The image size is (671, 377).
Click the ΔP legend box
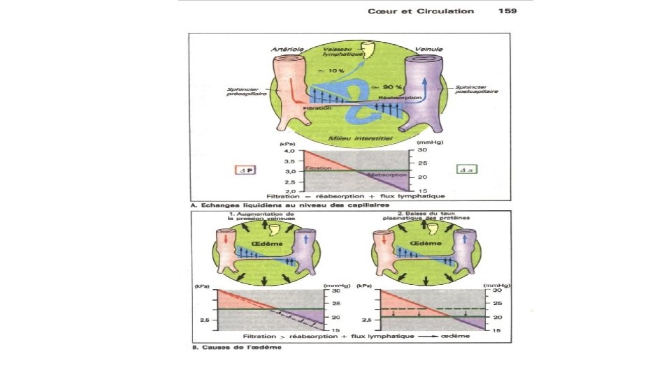click(x=239, y=168)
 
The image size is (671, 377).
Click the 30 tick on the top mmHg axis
click(x=423, y=150)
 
